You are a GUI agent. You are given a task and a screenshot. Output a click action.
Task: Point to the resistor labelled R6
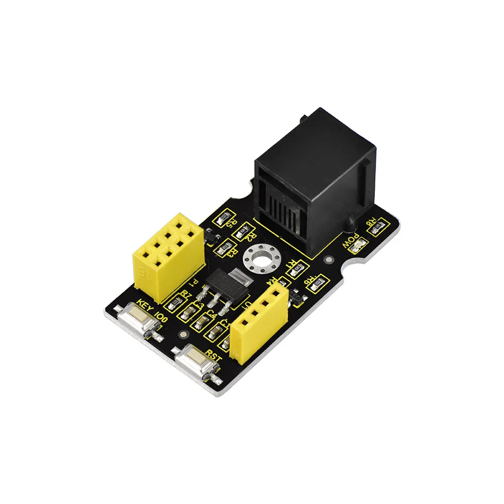click(x=317, y=286)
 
